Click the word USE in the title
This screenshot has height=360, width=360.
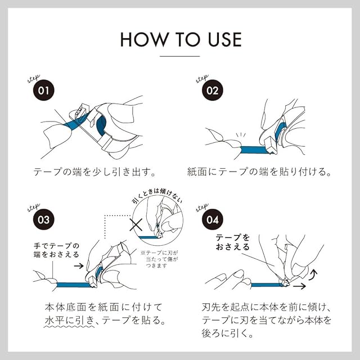click(225, 39)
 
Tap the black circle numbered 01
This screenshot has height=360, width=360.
click(44, 90)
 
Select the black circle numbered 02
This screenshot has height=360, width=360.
click(213, 90)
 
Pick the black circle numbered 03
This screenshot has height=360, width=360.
click(44, 219)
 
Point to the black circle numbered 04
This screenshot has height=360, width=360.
click(213, 219)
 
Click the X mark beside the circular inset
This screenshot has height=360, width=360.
click(136, 224)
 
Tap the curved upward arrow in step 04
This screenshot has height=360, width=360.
click(313, 274)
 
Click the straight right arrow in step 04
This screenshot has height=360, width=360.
click(299, 286)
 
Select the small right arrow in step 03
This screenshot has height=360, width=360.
click(79, 266)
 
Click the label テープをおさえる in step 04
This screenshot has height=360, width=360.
click(232, 242)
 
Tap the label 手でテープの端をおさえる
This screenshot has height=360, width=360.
click(56, 250)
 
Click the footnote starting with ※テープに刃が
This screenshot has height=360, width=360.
click(159, 259)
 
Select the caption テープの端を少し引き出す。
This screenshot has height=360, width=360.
click(94, 172)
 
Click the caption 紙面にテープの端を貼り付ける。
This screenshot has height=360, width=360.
click(259, 172)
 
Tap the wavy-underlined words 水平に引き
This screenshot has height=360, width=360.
click(69, 321)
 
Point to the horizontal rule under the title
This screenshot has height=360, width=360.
click(180, 56)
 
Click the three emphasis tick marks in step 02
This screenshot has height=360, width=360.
click(241, 135)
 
